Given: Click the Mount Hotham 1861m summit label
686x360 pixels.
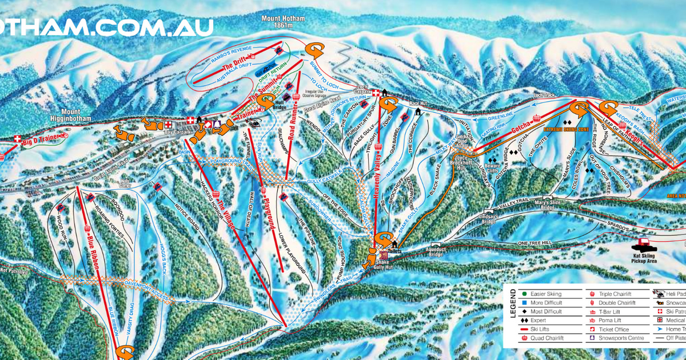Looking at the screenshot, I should (x=283, y=22).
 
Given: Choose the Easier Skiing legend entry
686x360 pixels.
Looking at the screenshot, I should (x=546, y=294).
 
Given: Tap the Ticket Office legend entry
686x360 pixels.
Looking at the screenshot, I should (x=613, y=329).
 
